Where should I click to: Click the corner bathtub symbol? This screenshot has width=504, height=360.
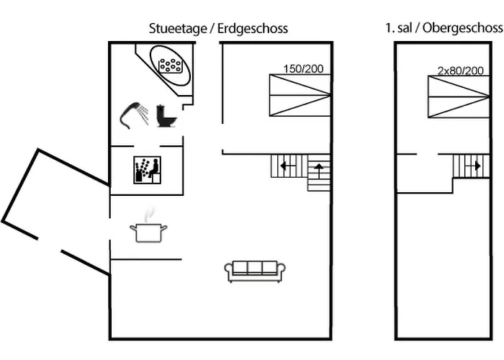pyautogui.click(x=170, y=65)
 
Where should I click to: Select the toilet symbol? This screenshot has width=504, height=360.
pyautogui.click(x=166, y=116)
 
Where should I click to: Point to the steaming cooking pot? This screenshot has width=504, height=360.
pyautogui.click(x=148, y=232)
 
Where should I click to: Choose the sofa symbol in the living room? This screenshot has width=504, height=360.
pyautogui.click(x=256, y=270)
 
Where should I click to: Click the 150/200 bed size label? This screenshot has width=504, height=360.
pyautogui.click(x=303, y=69)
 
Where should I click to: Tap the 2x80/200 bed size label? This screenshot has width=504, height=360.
pyautogui.click(x=460, y=71)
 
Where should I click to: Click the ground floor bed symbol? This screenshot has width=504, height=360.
pyautogui.click(x=300, y=95)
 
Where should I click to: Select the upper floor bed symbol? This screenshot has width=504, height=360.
pyautogui.click(x=459, y=96)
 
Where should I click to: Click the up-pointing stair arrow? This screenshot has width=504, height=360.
pyautogui.click(x=318, y=171)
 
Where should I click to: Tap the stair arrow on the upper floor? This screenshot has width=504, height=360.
pyautogui.click(x=474, y=166)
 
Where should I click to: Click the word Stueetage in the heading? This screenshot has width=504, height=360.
pyautogui.click(x=175, y=29)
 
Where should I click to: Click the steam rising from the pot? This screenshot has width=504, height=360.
pyautogui.click(x=149, y=215)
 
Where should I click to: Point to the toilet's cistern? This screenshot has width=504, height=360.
pyautogui.click(x=161, y=111)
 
